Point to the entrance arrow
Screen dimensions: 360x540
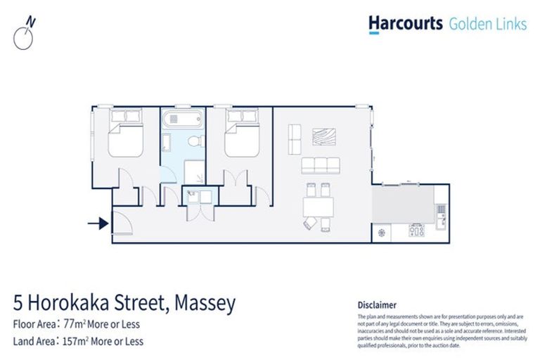tap(97, 224)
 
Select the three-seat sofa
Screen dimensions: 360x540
tap(321, 166)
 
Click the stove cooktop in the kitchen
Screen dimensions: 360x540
tap(417, 231)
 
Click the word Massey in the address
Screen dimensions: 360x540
tap(201, 304)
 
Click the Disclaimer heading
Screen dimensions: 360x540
tap(378, 305)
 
